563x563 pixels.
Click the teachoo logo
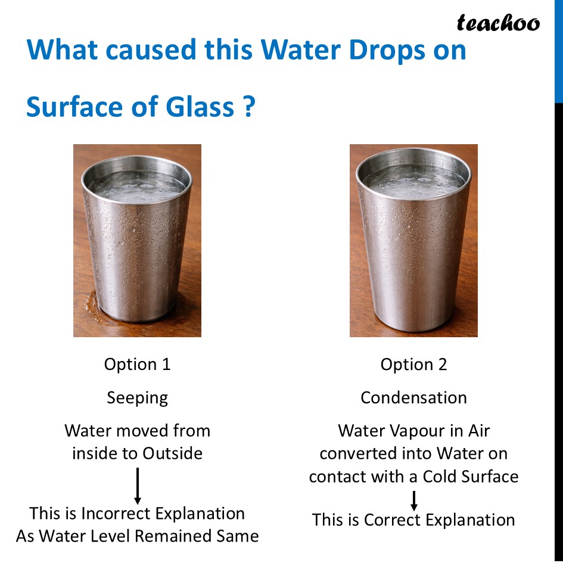498,23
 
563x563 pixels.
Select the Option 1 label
137,365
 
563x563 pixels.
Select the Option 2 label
413,365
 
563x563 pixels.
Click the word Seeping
137,398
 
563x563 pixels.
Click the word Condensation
413,398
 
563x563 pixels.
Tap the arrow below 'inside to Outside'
138,486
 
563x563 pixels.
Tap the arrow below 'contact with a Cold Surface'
413,500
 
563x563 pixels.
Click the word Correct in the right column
391,520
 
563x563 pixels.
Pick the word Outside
172,453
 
